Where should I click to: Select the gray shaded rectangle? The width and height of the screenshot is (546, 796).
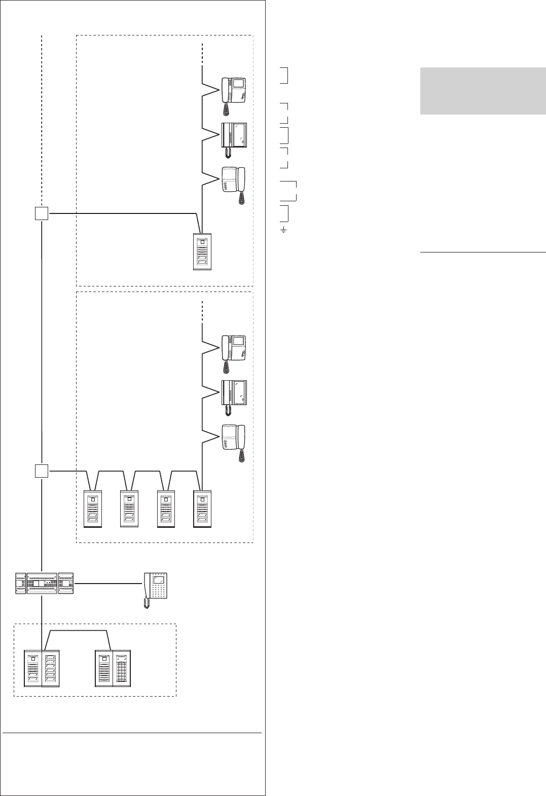pyautogui.click(x=482, y=91)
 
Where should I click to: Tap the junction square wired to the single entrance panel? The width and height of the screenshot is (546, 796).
pyautogui.click(x=42, y=214)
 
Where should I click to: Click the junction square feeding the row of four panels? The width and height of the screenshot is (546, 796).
pyautogui.click(x=42, y=471)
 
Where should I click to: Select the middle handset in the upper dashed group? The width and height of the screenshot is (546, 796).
pyautogui.click(x=234, y=137)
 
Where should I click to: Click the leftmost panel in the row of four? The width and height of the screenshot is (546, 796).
pyautogui.click(x=93, y=509)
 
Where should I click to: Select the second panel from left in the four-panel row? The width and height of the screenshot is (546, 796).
pyautogui.click(x=129, y=509)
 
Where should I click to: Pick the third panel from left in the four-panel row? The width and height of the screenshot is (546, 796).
pyautogui.click(x=166, y=509)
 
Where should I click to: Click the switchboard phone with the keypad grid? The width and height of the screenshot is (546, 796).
pyautogui.click(x=157, y=588)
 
